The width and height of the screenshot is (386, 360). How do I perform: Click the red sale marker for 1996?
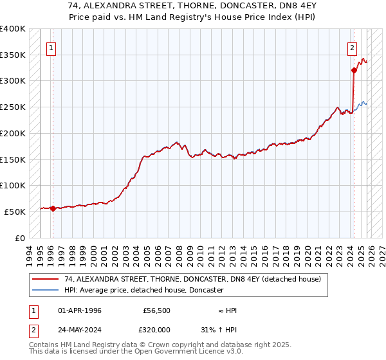53,208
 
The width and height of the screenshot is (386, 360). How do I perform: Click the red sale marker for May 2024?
354,70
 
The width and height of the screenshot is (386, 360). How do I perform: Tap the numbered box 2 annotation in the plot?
353,47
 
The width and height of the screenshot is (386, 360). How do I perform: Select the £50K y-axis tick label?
15,212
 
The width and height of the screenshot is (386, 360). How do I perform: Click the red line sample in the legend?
46,280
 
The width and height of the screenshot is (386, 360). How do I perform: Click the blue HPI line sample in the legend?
46,291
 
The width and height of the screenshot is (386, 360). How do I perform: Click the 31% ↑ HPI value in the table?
219,328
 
